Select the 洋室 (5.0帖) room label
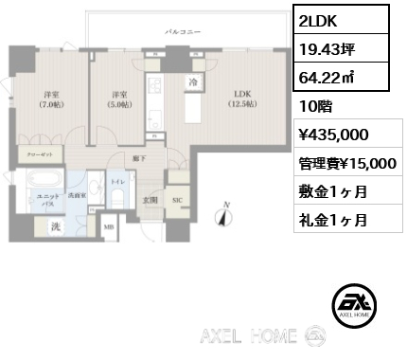pyautogui.click(x=119, y=99)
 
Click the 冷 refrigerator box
pyautogui.click(x=192, y=82)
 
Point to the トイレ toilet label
pyautogui.click(x=117, y=178)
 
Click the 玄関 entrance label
pyautogui.click(x=149, y=199)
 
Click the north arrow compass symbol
pyautogui.click(x=224, y=215)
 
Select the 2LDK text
pyautogui.click(x=314, y=19)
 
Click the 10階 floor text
pyautogui.click(x=313, y=106)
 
